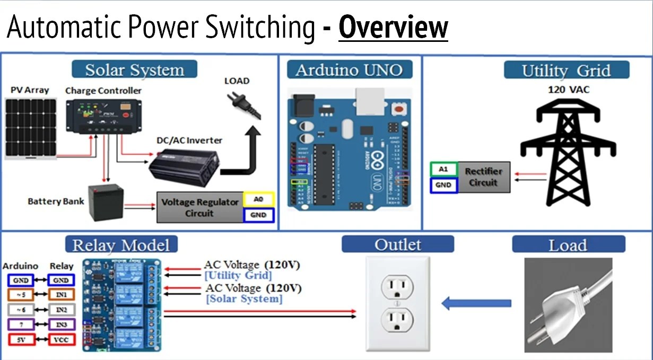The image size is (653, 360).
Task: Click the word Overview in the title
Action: point(393,28)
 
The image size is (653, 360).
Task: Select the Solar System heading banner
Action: point(134,70)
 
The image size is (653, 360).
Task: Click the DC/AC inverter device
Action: point(183,165)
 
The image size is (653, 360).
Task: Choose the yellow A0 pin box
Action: point(258,199)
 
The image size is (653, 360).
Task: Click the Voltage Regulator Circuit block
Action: point(199,208)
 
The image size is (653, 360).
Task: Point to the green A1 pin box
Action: point(443,170)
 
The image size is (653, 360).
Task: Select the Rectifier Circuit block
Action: point(483,177)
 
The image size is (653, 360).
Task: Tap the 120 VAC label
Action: point(569,90)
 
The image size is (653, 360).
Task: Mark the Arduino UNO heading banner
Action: point(350,70)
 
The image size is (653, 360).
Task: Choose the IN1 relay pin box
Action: point(61,294)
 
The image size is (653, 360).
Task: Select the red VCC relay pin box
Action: point(61,339)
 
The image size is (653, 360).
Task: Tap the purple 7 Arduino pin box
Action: point(21,324)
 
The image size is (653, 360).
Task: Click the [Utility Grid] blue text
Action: point(238,275)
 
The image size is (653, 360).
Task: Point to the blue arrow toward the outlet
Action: point(476,304)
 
